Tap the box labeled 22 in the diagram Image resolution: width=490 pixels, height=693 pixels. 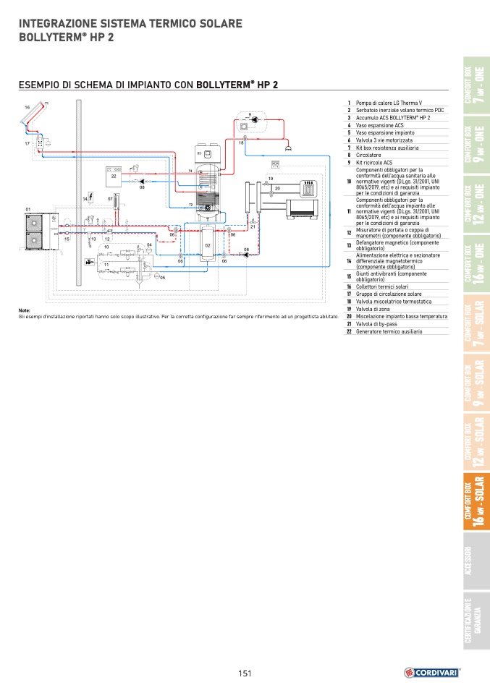click(114, 175)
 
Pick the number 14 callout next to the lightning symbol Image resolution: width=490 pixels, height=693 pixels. click(85, 198)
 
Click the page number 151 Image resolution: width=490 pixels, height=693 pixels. click(245, 673)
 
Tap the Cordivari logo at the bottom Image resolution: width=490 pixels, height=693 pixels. click(432, 672)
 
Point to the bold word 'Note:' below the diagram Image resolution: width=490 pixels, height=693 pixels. click(25, 310)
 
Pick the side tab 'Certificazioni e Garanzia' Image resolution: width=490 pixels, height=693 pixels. click(476, 621)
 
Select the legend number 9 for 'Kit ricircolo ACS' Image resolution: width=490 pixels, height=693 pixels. click(348, 163)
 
